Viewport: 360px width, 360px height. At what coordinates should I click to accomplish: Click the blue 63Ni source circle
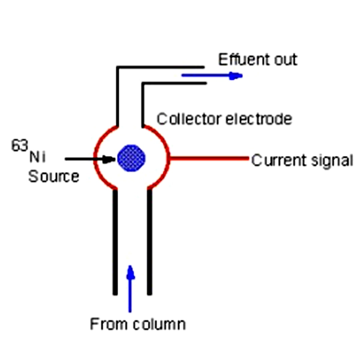pos(131,158)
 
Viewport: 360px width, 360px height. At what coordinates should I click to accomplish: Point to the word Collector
pos(182,119)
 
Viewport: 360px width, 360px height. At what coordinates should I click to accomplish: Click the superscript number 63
pos(20,145)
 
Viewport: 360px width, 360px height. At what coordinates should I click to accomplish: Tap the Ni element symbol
pos(37,158)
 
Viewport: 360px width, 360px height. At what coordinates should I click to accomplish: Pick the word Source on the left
pos(53,176)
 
